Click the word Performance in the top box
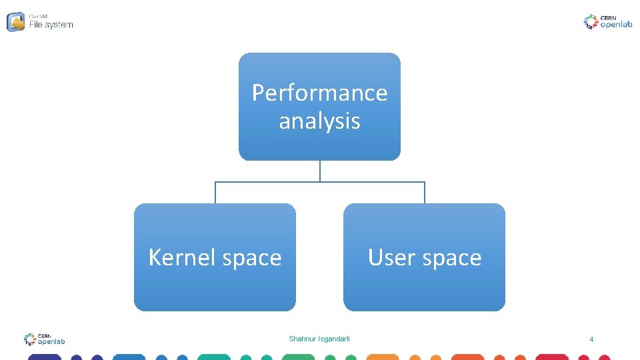319,93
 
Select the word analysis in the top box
319,121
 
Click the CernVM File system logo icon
16,22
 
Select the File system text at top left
51,25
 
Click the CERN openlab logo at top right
607,22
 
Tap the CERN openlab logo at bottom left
44,339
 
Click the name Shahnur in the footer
303,339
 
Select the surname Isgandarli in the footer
335,339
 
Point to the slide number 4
591,340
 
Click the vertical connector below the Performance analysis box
320,171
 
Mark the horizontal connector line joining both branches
320,182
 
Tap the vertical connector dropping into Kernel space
215,193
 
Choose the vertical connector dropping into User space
425,193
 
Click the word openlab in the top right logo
617,25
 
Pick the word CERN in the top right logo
607,17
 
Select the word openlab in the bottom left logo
51,341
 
